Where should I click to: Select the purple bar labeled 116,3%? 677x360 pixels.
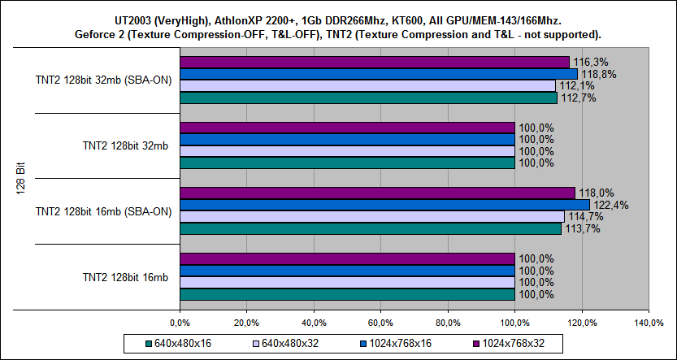coord(374,62)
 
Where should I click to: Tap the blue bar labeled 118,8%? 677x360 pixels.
coord(378,74)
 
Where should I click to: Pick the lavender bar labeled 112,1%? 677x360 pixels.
coord(367,86)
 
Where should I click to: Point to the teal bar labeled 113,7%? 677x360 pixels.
coord(370,228)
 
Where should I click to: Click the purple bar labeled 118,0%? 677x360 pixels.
coord(377,193)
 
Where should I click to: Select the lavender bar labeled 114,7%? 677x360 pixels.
coord(371,216)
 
